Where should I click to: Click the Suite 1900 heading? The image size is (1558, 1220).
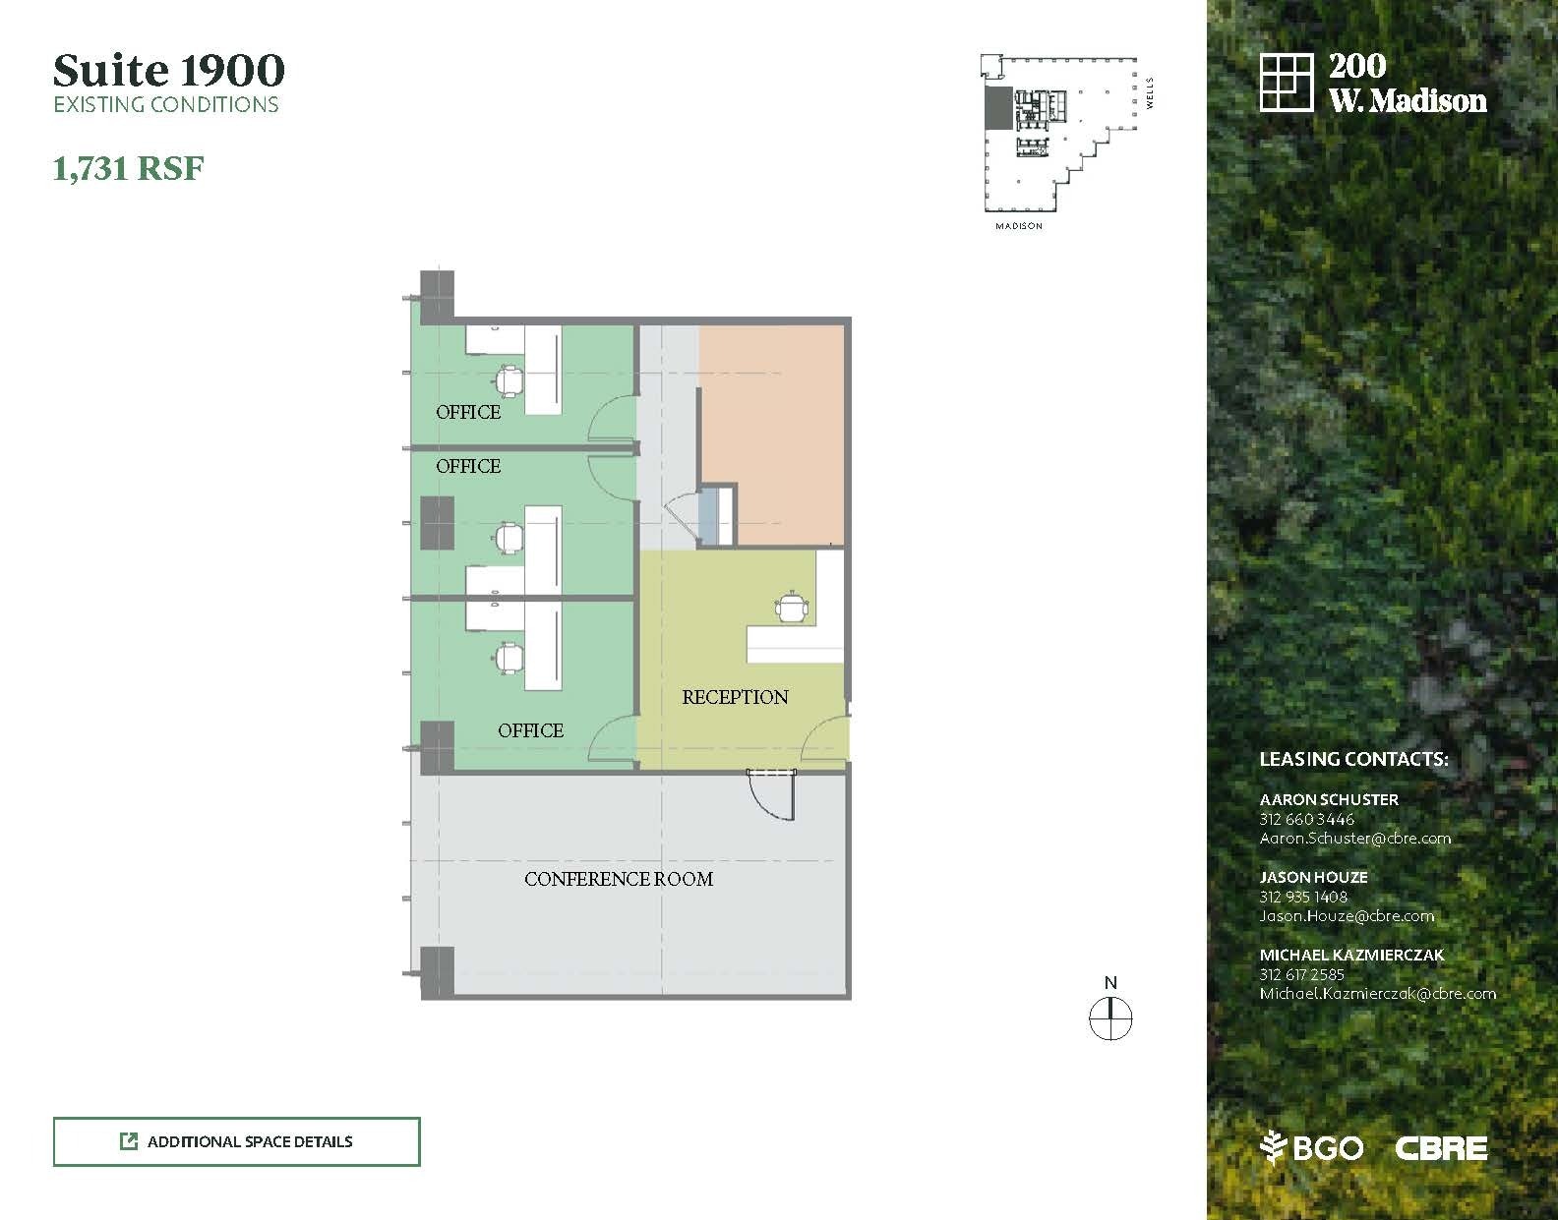169,70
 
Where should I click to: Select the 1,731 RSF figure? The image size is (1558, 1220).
128,168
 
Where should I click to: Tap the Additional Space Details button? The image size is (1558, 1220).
237,1141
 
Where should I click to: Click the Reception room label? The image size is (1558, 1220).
735,697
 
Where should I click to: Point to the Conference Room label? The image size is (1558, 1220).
619,879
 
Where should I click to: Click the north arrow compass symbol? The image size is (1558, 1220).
1110,1018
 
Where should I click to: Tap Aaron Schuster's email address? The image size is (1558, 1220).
1355,839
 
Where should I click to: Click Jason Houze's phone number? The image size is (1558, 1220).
1303,897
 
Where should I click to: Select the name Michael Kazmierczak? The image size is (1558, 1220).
1351,955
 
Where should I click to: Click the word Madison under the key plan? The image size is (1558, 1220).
1019,226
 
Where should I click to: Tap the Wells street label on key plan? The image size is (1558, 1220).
1150,93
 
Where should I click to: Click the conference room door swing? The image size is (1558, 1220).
771,795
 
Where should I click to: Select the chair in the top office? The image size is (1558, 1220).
509,380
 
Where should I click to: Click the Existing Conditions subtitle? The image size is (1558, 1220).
165,104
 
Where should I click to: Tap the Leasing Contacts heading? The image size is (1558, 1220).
1353,759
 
